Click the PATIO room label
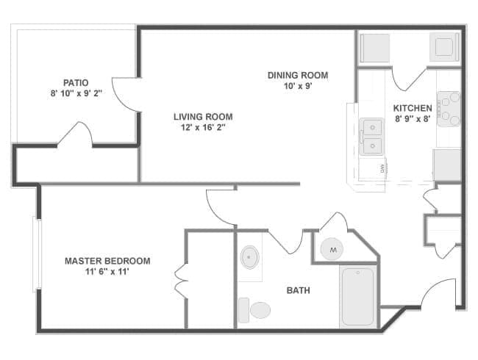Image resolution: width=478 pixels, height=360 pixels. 76,82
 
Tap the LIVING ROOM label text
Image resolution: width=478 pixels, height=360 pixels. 203,116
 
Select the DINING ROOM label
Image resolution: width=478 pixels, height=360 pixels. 297,75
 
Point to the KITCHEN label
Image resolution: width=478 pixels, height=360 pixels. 412,108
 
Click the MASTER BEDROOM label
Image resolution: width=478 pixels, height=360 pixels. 107,261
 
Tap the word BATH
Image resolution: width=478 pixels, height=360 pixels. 298,290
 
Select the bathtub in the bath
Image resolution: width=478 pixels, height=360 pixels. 359,298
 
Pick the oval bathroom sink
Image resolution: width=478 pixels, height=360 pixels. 250,257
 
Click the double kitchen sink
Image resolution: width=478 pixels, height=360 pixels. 373,137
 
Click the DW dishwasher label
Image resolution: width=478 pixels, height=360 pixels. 382,168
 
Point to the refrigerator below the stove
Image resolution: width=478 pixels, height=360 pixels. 447,164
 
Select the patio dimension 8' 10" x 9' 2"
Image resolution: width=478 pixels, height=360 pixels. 76,94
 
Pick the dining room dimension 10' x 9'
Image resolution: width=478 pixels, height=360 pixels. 297,87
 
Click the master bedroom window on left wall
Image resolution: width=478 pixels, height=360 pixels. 36,253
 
